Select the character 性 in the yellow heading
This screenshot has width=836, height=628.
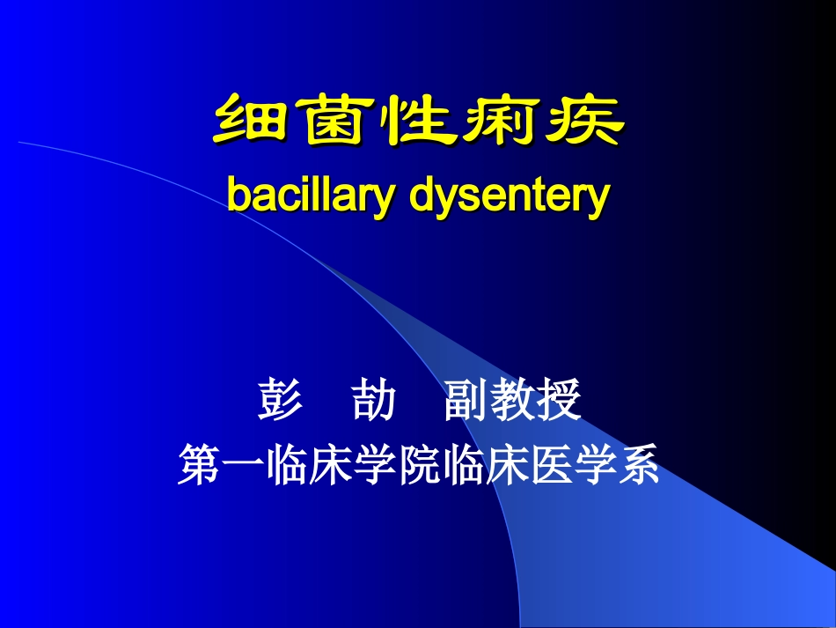[x=417, y=122]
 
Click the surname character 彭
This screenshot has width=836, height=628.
[x=281, y=402]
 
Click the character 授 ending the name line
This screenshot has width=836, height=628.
[x=560, y=402]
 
